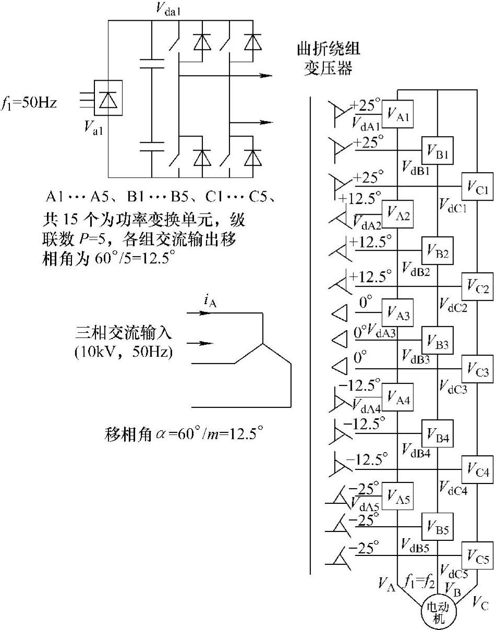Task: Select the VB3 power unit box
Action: [438, 341]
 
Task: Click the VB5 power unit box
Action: [438, 529]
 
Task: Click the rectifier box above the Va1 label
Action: [108, 98]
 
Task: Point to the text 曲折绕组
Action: [329, 51]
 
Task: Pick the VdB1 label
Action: [416, 167]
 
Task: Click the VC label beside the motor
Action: [480, 604]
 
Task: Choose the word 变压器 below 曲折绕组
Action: [329, 68]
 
